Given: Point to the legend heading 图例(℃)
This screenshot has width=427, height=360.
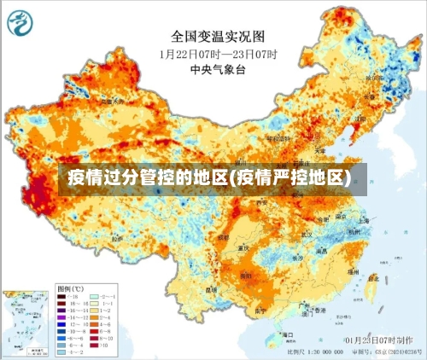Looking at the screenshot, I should (x=70, y=289).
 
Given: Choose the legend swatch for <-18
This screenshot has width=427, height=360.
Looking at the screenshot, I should (x=61, y=296).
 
